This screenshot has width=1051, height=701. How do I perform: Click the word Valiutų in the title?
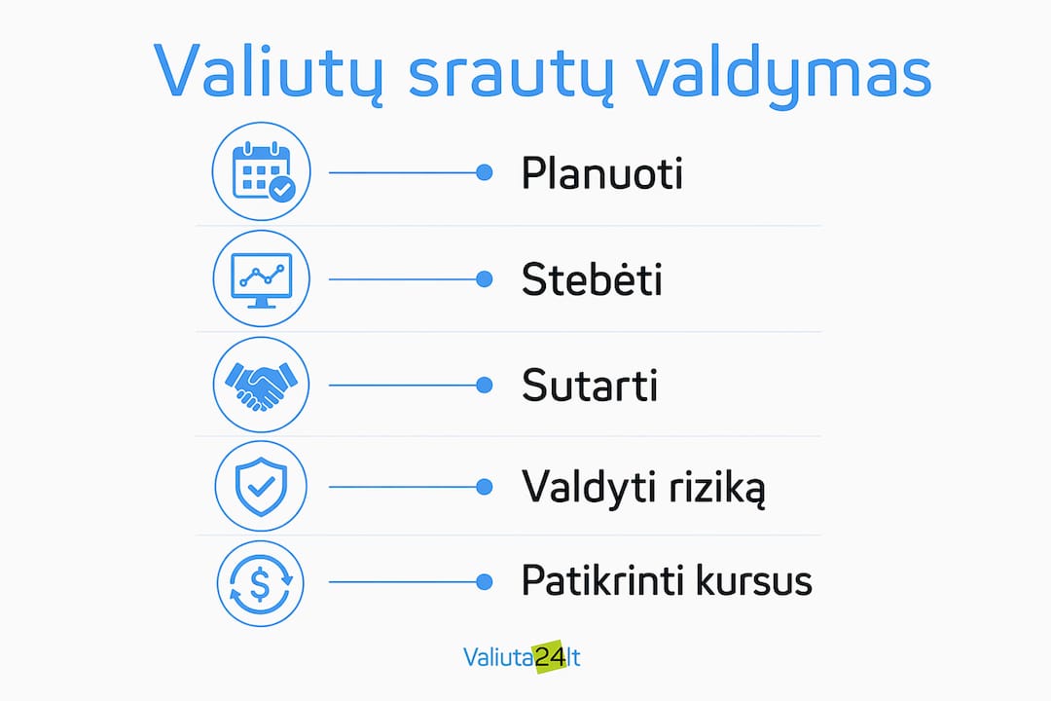coord(270,72)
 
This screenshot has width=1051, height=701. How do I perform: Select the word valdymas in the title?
coord(783,73)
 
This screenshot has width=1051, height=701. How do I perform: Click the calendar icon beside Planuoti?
coord(262,171)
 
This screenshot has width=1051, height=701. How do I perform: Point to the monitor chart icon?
coord(262,278)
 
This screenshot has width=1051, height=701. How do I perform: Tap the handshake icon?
coord(262,385)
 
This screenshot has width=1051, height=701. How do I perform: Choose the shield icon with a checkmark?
coord(262,486)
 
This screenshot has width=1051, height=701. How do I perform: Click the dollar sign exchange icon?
coord(261,583)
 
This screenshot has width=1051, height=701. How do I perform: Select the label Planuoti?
coord(602,173)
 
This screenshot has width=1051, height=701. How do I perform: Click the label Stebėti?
coord(592,278)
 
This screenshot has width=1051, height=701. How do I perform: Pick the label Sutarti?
coord(589,385)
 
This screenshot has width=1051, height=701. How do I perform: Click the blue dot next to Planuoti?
coord(484,172)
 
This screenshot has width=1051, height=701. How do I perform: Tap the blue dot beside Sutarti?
coord(484,385)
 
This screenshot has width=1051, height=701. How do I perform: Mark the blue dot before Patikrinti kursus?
coord(484,582)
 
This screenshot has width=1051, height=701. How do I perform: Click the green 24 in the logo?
coord(550,657)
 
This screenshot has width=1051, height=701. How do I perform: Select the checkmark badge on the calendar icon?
coord(282,189)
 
